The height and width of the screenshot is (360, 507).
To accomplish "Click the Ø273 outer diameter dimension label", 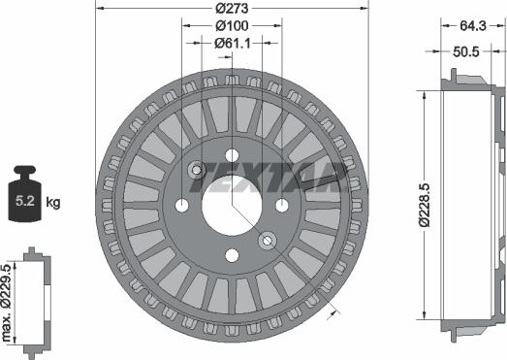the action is pos(232,8).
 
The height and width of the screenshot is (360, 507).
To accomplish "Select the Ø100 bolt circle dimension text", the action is pos(232,25).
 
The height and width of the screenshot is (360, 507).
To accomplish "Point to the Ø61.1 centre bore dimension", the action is pos(232,43).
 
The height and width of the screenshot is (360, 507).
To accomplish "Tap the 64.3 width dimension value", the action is pos(473,25).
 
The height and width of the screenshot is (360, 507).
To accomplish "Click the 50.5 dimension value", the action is pos(465,51).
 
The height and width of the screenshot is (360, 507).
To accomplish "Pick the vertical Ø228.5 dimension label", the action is pos(425,205).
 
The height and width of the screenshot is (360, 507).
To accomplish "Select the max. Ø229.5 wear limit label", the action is pos(7,303).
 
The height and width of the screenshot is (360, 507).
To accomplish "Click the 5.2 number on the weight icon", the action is pos(25,201).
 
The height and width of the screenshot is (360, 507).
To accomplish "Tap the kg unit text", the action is pos(53,203).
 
